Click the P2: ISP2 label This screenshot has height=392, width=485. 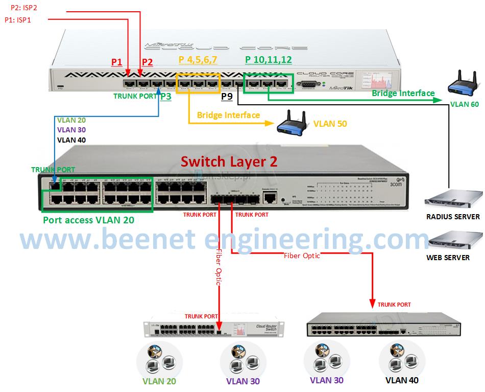(x=24, y=8)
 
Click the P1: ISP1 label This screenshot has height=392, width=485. (x=18, y=19)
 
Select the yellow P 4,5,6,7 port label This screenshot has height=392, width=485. (x=198, y=60)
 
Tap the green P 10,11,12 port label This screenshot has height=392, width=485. (x=268, y=60)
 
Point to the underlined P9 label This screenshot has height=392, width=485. (x=227, y=96)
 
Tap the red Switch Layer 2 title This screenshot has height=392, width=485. (x=229, y=162)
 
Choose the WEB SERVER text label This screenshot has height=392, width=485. (x=448, y=258)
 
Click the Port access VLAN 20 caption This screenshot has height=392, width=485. (x=88, y=220)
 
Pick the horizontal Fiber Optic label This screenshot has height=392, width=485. (x=302, y=256)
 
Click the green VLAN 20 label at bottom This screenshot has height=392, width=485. (x=161, y=381)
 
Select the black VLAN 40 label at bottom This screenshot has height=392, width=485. (x=402, y=380)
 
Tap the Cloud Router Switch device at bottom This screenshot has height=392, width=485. (x=214, y=331)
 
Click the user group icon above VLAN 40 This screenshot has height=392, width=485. (x=402, y=358)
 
